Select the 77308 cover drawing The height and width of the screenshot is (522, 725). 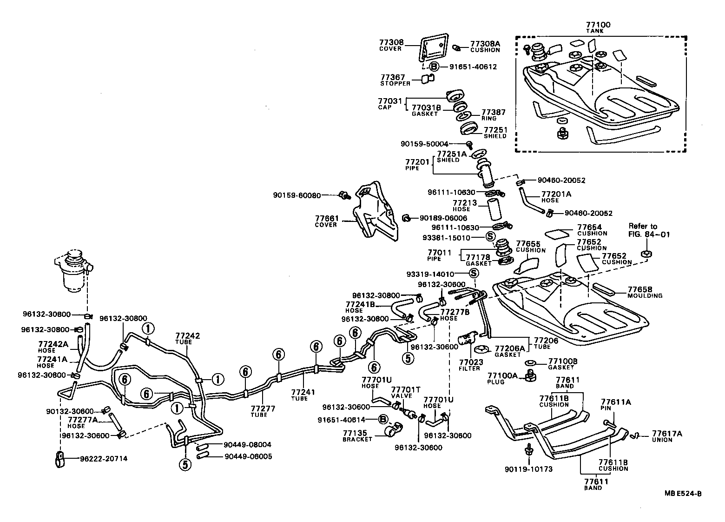coord(435,47)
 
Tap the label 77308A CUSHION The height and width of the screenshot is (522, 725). coord(485,46)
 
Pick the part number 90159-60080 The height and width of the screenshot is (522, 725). coord(297,195)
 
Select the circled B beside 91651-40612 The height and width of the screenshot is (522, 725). coord(433,67)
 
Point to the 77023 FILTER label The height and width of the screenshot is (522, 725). coord(471,365)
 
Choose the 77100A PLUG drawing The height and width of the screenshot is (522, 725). coord(529,375)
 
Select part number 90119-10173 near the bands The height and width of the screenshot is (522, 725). coord(528,469)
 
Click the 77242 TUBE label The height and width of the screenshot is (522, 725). coord(187,338)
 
